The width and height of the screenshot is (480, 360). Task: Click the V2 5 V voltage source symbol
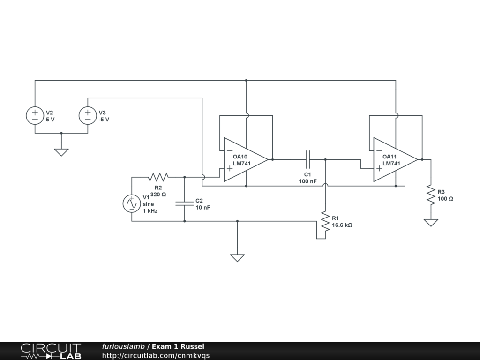(x=35, y=116)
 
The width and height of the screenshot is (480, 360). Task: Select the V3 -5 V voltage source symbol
(x=88, y=116)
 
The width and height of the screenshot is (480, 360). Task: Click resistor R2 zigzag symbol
(x=158, y=177)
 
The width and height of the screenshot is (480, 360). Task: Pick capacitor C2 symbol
(x=185, y=203)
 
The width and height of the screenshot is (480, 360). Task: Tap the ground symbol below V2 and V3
(x=61, y=152)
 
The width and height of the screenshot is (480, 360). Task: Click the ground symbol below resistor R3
(x=430, y=222)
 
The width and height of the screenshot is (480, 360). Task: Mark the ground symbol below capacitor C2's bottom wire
(x=237, y=257)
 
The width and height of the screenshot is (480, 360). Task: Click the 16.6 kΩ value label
(x=342, y=225)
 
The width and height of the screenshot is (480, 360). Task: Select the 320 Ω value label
(x=158, y=194)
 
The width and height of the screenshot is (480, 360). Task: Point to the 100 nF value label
(x=308, y=181)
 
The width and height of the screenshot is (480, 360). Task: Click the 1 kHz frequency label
(x=150, y=211)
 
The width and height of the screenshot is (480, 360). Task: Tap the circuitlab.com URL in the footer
(x=156, y=355)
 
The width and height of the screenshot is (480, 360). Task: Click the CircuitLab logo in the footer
(x=51, y=351)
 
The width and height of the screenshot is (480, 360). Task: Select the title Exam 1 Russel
(x=178, y=347)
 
